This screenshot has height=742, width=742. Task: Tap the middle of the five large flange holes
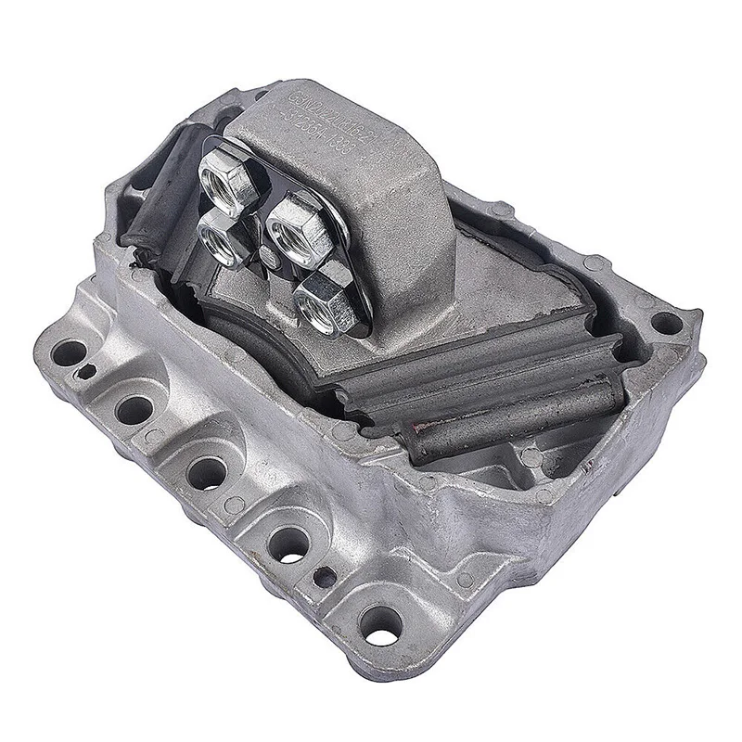(203, 471)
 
